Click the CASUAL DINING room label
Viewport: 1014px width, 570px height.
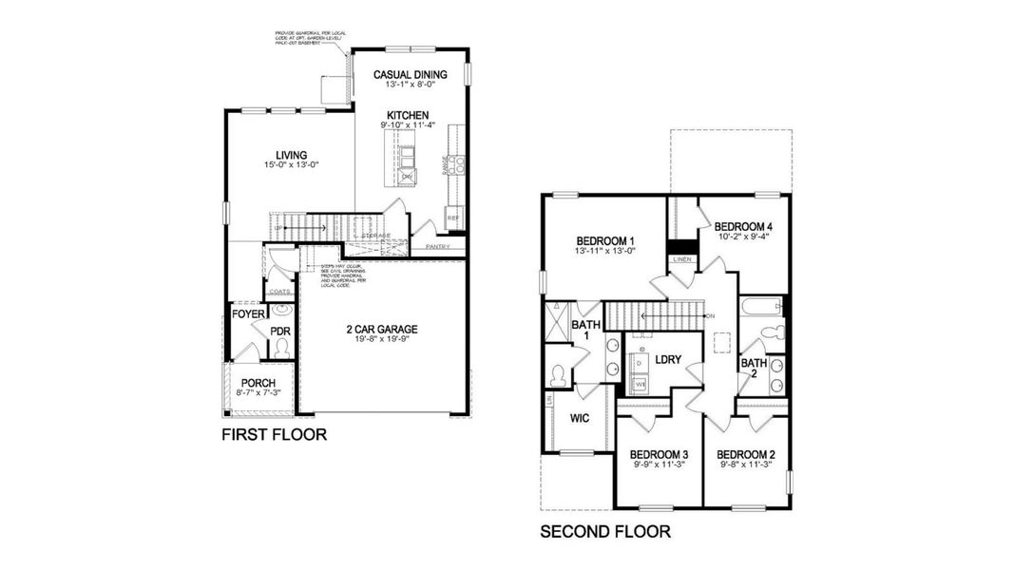click(x=410, y=73)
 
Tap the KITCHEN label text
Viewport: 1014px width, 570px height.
click(x=408, y=115)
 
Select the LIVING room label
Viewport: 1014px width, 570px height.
click(x=291, y=155)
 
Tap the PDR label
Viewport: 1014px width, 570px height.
click(x=279, y=332)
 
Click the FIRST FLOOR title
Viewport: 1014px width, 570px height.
click(x=274, y=435)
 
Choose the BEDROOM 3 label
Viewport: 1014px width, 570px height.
click(x=659, y=454)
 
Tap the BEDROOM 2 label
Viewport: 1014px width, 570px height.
click(x=746, y=454)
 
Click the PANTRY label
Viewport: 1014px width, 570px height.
click(x=437, y=247)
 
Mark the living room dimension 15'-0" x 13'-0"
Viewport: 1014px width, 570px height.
click(x=291, y=165)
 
